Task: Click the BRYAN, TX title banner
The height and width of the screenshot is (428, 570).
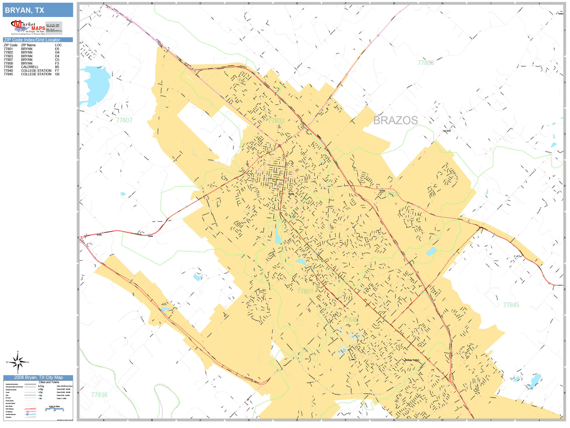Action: coord(38,10)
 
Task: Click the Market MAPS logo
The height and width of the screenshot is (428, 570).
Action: coord(28,27)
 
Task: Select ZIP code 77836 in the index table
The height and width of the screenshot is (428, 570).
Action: coord(8,67)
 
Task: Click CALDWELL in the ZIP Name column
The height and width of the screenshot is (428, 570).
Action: coord(30,67)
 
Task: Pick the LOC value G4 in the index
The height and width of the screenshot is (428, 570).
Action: coord(57,52)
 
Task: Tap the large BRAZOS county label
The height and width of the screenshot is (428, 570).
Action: coord(395,120)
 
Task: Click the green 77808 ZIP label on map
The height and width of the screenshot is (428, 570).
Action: coord(426,63)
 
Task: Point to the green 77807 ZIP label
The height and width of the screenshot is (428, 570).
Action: coord(124,120)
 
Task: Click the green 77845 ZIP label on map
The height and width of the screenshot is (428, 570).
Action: coord(511,305)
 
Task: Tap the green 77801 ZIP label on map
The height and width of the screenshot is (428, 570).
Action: coord(305,291)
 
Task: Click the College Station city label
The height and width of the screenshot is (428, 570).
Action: coord(412,360)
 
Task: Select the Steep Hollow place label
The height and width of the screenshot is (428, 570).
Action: coord(447,131)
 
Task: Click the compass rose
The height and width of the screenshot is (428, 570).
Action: coord(18,362)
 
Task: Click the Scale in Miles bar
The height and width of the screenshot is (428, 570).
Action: coord(54,408)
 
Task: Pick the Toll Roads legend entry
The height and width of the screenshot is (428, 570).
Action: coord(9,417)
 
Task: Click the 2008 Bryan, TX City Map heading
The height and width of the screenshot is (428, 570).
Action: coord(38,377)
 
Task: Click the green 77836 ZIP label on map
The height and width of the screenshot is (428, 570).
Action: coord(99,395)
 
